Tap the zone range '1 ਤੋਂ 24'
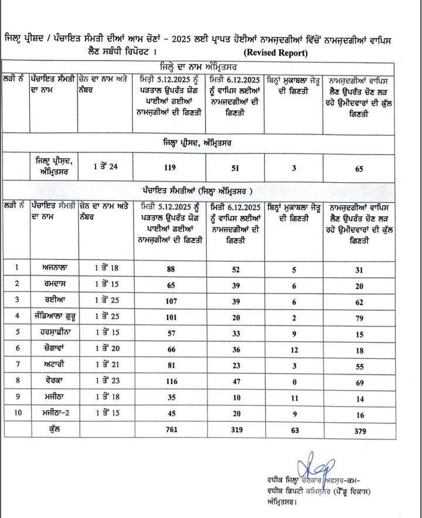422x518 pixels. click(106, 166)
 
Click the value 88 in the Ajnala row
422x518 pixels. click(171, 270)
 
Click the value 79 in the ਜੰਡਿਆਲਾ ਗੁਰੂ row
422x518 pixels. click(359, 319)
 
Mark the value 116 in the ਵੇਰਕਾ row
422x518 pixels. click(171, 381)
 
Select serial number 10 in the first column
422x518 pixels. click(18, 413)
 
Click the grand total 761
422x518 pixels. click(171, 430)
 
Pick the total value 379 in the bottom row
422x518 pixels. click(359, 430)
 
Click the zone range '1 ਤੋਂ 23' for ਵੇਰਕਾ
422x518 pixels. click(107, 381)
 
